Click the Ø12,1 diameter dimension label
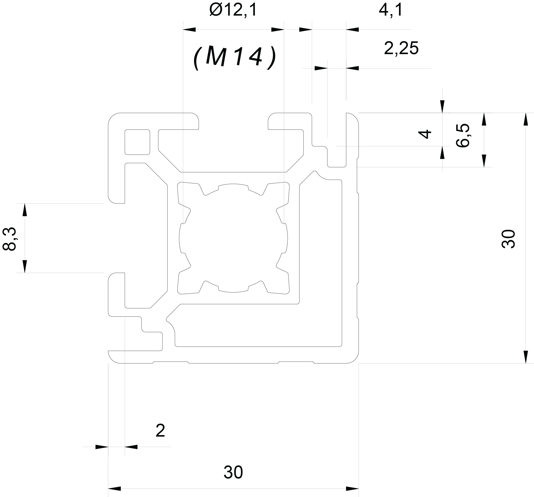[233, 11]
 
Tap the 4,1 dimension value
[391, 11]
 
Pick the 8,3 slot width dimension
[9, 239]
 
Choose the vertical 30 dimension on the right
[508, 239]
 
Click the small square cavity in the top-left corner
[137, 142]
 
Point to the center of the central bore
[233, 238]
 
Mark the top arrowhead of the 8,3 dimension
[25, 210]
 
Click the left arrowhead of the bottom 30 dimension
[114, 488]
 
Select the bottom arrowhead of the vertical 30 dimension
[526, 357]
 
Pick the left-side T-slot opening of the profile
[116, 238]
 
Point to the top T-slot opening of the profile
[233, 121]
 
